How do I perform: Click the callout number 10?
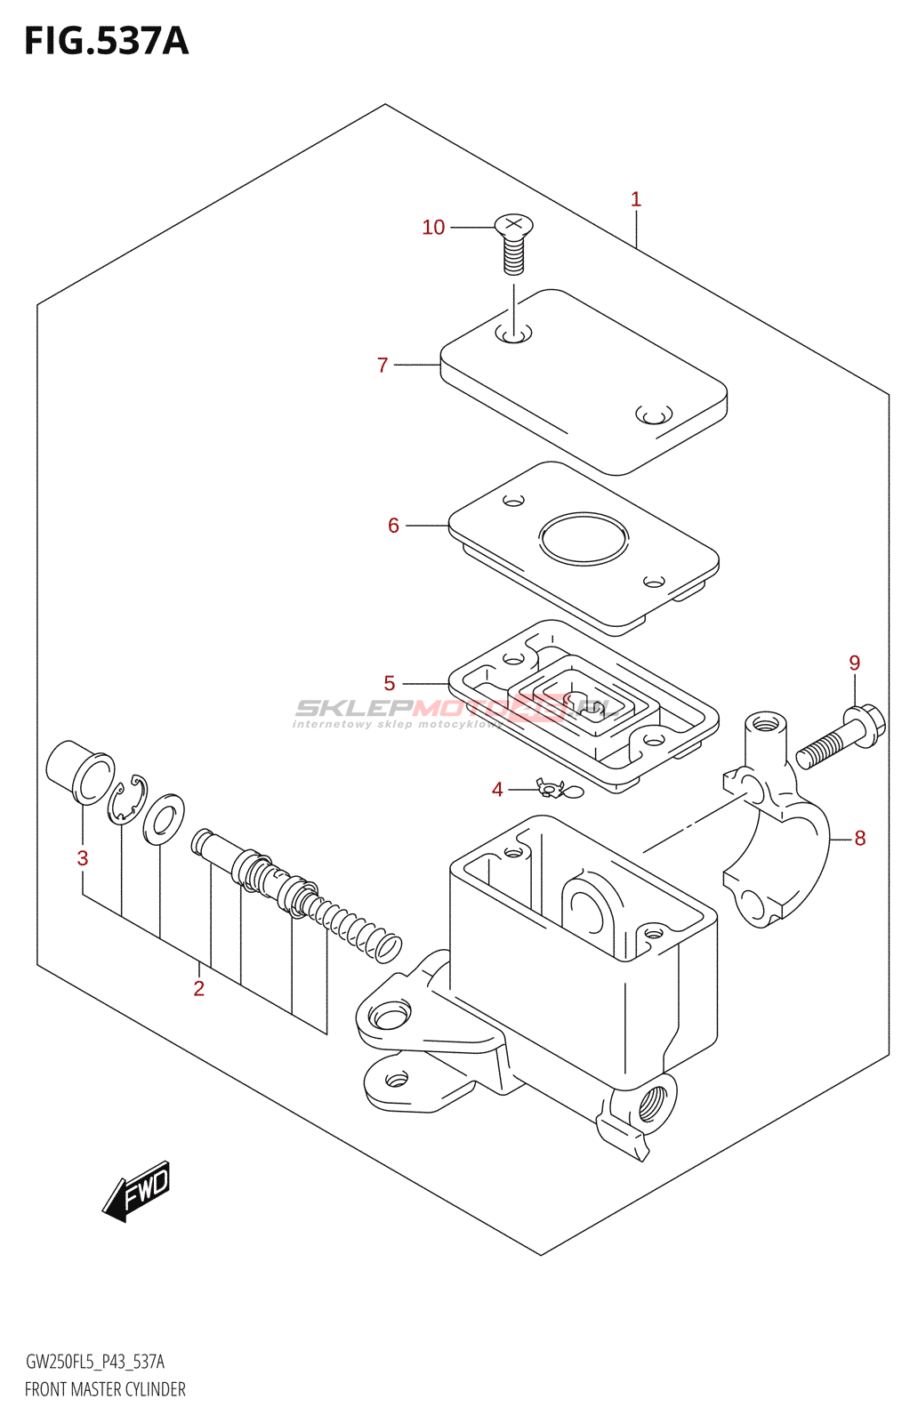click(433, 228)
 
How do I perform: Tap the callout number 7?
click(382, 366)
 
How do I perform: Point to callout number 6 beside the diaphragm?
click(393, 526)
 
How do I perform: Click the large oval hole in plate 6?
click(584, 538)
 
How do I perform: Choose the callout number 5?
click(390, 683)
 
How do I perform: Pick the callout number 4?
click(497, 790)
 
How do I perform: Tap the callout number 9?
click(855, 663)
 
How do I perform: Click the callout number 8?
click(859, 838)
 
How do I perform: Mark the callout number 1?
click(636, 199)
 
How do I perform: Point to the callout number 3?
click(83, 858)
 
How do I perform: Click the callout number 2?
click(199, 988)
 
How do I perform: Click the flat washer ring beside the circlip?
click(164, 819)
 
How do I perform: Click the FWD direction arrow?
click(137, 1190)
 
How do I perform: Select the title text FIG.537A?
click(107, 42)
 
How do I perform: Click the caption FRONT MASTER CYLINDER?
click(105, 1389)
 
